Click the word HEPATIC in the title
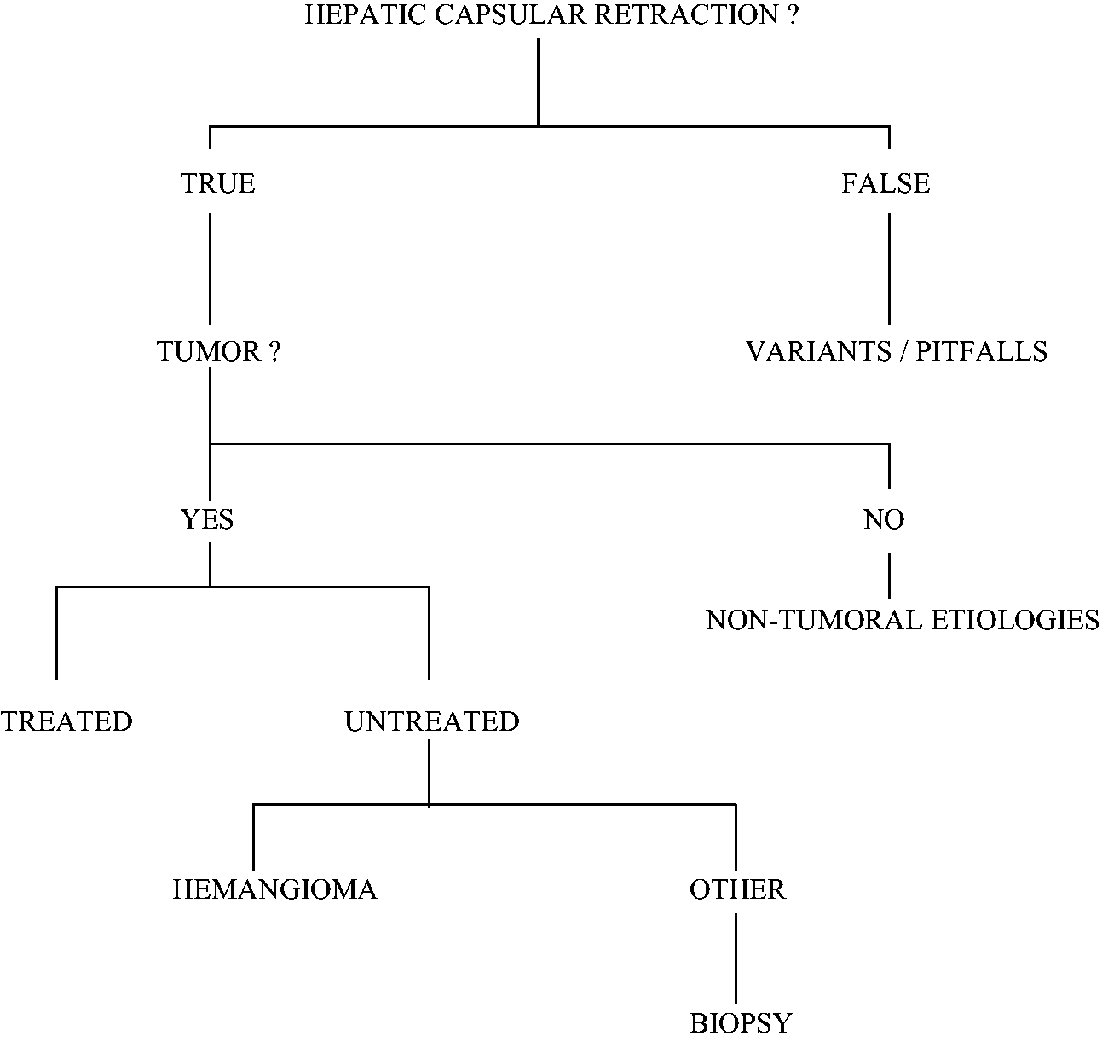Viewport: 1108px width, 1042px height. (x=366, y=14)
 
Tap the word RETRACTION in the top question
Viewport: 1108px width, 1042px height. (x=686, y=14)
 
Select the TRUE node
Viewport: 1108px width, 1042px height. (x=218, y=183)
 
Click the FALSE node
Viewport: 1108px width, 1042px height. (x=886, y=183)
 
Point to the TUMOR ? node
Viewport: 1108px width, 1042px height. (x=219, y=351)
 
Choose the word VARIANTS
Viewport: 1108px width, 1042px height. (x=819, y=351)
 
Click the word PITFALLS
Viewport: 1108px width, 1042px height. (x=981, y=351)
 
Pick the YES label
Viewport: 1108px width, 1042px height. (x=207, y=519)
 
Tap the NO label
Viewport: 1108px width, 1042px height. (x=885, y=519)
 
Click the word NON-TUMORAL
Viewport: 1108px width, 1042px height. (x=813, y=620)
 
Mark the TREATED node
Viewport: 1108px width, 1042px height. (x=66, y=721)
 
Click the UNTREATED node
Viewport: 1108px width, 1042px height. (x=432, y=721)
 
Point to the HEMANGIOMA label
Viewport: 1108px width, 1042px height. (x=275, y=889)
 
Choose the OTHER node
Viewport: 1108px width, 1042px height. (x=737, y=889)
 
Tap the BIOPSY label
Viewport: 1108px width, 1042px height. (x=741, y=1023)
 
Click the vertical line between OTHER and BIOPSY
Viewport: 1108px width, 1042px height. (x=736, y=958)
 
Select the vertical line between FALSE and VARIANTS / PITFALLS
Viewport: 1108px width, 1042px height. (x=889, y=269)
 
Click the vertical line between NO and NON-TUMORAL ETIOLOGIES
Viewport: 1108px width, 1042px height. (x=889, y=576)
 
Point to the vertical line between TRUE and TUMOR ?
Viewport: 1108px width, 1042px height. (x=210, y=269)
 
